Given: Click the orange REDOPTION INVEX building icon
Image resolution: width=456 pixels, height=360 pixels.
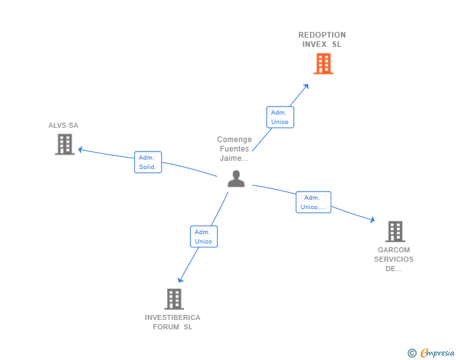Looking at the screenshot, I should [x=323, y=64].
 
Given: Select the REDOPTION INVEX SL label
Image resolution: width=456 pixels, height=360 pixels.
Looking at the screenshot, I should [x=322, y=39].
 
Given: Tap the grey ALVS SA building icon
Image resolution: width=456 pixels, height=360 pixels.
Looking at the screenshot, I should [x=65, y=145].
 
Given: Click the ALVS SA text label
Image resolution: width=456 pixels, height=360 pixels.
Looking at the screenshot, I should [x=63, y=125].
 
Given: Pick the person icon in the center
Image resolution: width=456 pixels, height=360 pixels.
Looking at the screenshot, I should [x=236, y=178].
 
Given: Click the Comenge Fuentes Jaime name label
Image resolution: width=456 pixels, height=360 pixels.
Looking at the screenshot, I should [x=235, y=149].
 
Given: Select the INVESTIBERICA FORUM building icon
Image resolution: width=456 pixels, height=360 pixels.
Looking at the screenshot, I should [x=174, y=299].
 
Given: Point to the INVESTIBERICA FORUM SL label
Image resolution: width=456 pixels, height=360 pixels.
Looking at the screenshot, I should [x=173, y=322].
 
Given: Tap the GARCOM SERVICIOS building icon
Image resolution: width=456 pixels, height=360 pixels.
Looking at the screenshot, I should [x=395, y=231].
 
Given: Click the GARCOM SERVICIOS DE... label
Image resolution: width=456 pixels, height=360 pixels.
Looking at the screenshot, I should [x=394, y=259].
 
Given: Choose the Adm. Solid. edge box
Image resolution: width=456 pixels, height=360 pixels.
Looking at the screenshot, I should [x=148, y=162].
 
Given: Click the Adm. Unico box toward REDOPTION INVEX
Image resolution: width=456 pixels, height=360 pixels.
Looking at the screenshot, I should [x=279, y=117].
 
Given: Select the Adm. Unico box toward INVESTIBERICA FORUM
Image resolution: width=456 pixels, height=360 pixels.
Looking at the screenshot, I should [x=204, y=237].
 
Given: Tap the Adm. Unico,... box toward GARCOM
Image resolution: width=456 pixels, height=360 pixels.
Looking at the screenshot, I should [x=313, y=202].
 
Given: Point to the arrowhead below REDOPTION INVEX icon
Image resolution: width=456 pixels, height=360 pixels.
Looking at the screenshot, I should [x=306, y=86].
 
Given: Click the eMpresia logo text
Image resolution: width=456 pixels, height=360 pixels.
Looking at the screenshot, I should [x=437, y=353].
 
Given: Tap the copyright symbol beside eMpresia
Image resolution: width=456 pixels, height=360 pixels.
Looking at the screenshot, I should [x=412, y=353].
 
